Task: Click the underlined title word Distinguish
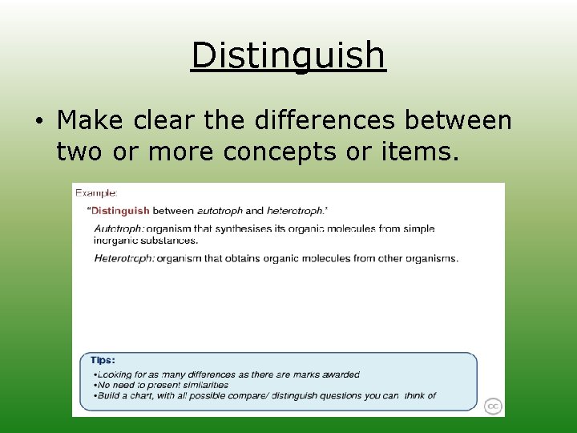point(288,55)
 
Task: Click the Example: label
point(96,193)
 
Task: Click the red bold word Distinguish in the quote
point(120,211)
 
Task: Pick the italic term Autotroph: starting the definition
point(119,229)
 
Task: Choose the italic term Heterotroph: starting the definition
point(124,258)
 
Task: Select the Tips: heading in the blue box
point(103,361)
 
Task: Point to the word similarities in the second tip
point(204,385)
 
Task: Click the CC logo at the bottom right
point(493,407)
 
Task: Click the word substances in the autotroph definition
point(171,240)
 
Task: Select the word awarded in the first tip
point(341,374)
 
